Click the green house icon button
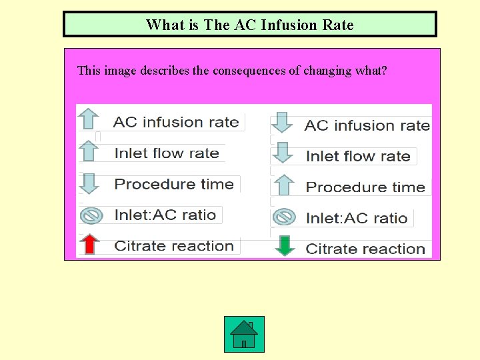click(244, 334)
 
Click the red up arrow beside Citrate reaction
click(89, 245)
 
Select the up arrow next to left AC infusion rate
click(89, 119)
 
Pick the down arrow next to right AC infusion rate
click(284, 123)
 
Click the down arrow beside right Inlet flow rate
click(284, 153)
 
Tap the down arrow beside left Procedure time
click(89, 183)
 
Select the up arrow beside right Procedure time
click(285, 185)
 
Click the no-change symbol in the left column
click(90, 215)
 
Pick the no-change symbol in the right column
click(285, 217)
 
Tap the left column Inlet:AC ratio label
click(165, 215)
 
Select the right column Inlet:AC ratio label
click(357, 218)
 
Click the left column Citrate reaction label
click(174, 245)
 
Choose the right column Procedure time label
click(365, 187)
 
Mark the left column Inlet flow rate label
click(167, 153)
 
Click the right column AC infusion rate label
click(367, 125)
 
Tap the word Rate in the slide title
click(338, 25)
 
